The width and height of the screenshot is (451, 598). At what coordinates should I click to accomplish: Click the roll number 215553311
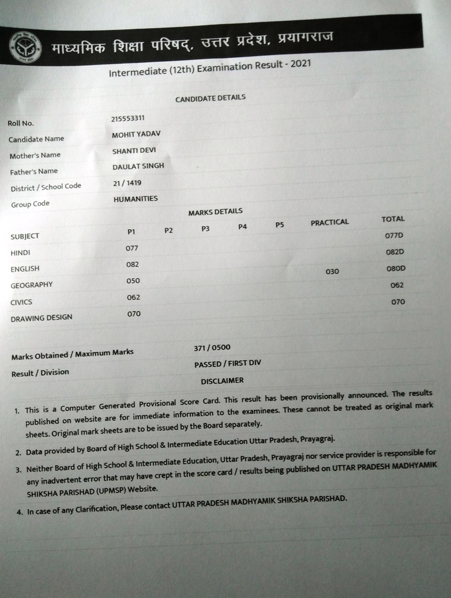(x=128, y=119)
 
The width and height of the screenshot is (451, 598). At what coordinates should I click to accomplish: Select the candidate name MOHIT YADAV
(x=136, y=134)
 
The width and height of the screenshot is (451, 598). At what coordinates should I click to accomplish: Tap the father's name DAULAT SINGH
(x=138, y=166)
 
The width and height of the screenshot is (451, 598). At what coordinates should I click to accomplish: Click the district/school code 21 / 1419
(x=127, y=182)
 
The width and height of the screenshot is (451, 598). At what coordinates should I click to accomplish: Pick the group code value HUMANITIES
(x=136, y=199)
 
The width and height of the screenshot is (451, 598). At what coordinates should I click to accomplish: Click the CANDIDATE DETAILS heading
(x=211, y=98)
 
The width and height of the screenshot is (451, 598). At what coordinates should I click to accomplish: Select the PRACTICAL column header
(x=329, y=222)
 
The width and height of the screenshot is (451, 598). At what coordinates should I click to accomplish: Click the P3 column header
(x=205, y=229)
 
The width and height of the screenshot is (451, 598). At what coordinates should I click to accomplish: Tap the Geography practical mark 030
(x=332, y=271)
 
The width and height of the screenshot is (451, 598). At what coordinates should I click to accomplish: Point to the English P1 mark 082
(x=133, y=264)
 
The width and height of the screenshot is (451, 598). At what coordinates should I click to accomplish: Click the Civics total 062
(x=397, y=285)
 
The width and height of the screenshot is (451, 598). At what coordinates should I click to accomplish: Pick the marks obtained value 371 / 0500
(x=212, y=347)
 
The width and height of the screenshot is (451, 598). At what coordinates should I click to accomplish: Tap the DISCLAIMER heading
(x=222, y=381)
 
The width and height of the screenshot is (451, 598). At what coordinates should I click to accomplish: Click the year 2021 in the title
(x=300, y=63)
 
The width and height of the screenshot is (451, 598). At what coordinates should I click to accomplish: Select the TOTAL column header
(x=393, y=219)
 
